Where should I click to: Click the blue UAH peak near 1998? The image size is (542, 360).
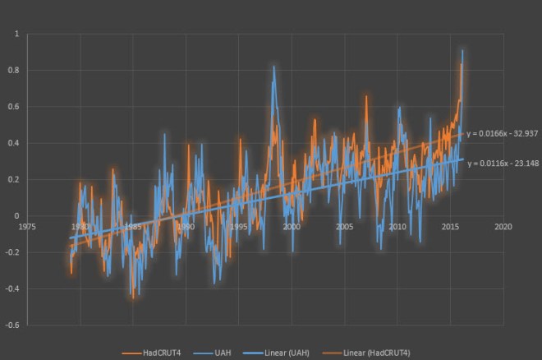[273, 67]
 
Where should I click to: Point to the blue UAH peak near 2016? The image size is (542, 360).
[462, 51]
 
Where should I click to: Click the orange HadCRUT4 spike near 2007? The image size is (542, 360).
[366, 96]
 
